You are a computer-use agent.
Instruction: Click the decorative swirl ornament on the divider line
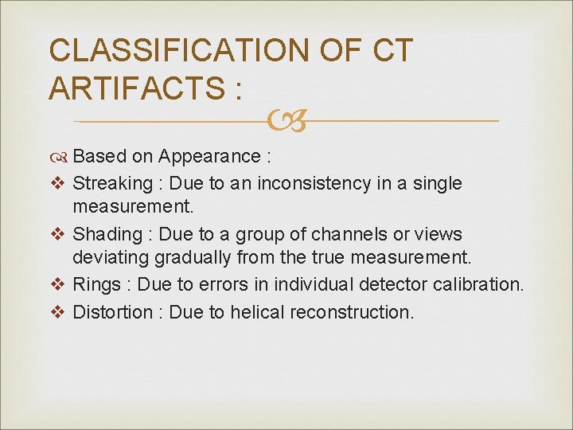286,121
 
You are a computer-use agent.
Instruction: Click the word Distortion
111,312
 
